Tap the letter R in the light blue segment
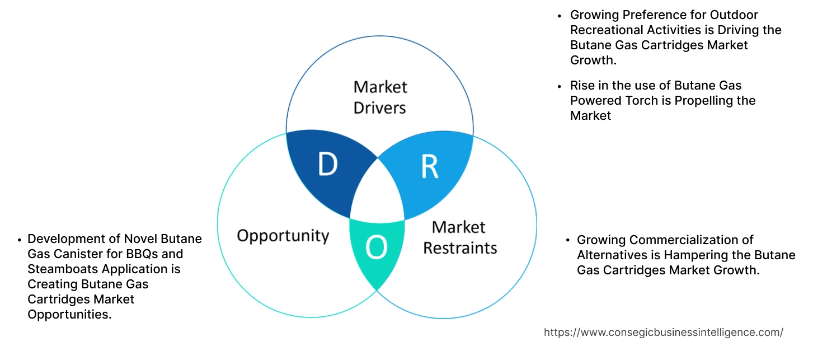429,167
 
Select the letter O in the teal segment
376,247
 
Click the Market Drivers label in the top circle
380,97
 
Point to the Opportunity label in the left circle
283,235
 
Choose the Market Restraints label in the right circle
459,237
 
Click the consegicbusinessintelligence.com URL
663,332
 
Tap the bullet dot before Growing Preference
559,15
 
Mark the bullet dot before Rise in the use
559,86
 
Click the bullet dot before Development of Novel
20,239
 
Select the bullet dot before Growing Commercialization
566,240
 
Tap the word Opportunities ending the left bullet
69,314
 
